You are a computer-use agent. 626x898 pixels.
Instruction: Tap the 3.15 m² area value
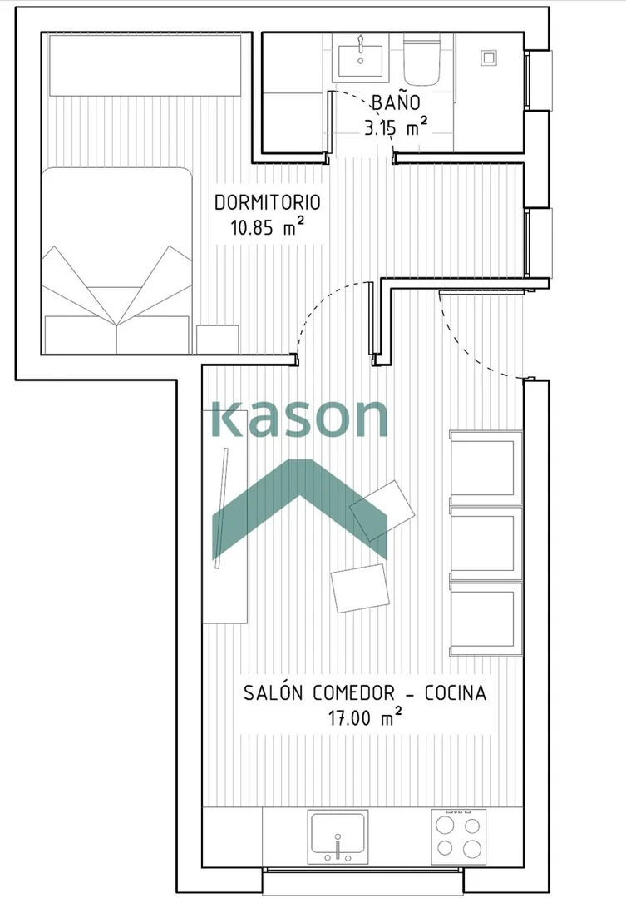396,127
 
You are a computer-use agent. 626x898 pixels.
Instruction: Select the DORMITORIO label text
267,202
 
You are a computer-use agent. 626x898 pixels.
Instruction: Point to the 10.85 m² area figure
267,227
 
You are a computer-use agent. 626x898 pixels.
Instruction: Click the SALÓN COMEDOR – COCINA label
365,692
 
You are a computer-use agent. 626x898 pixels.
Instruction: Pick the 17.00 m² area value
365,717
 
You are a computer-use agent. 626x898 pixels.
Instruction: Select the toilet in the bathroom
421,59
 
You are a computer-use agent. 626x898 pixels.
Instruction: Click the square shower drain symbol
488,57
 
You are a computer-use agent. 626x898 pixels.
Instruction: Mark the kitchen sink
338,836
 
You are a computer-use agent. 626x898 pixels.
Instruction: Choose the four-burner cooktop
458,836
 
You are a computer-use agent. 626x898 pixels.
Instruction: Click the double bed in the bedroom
116,260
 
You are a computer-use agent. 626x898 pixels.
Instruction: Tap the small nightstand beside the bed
218,339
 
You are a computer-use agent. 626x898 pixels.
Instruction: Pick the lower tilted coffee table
360,588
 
